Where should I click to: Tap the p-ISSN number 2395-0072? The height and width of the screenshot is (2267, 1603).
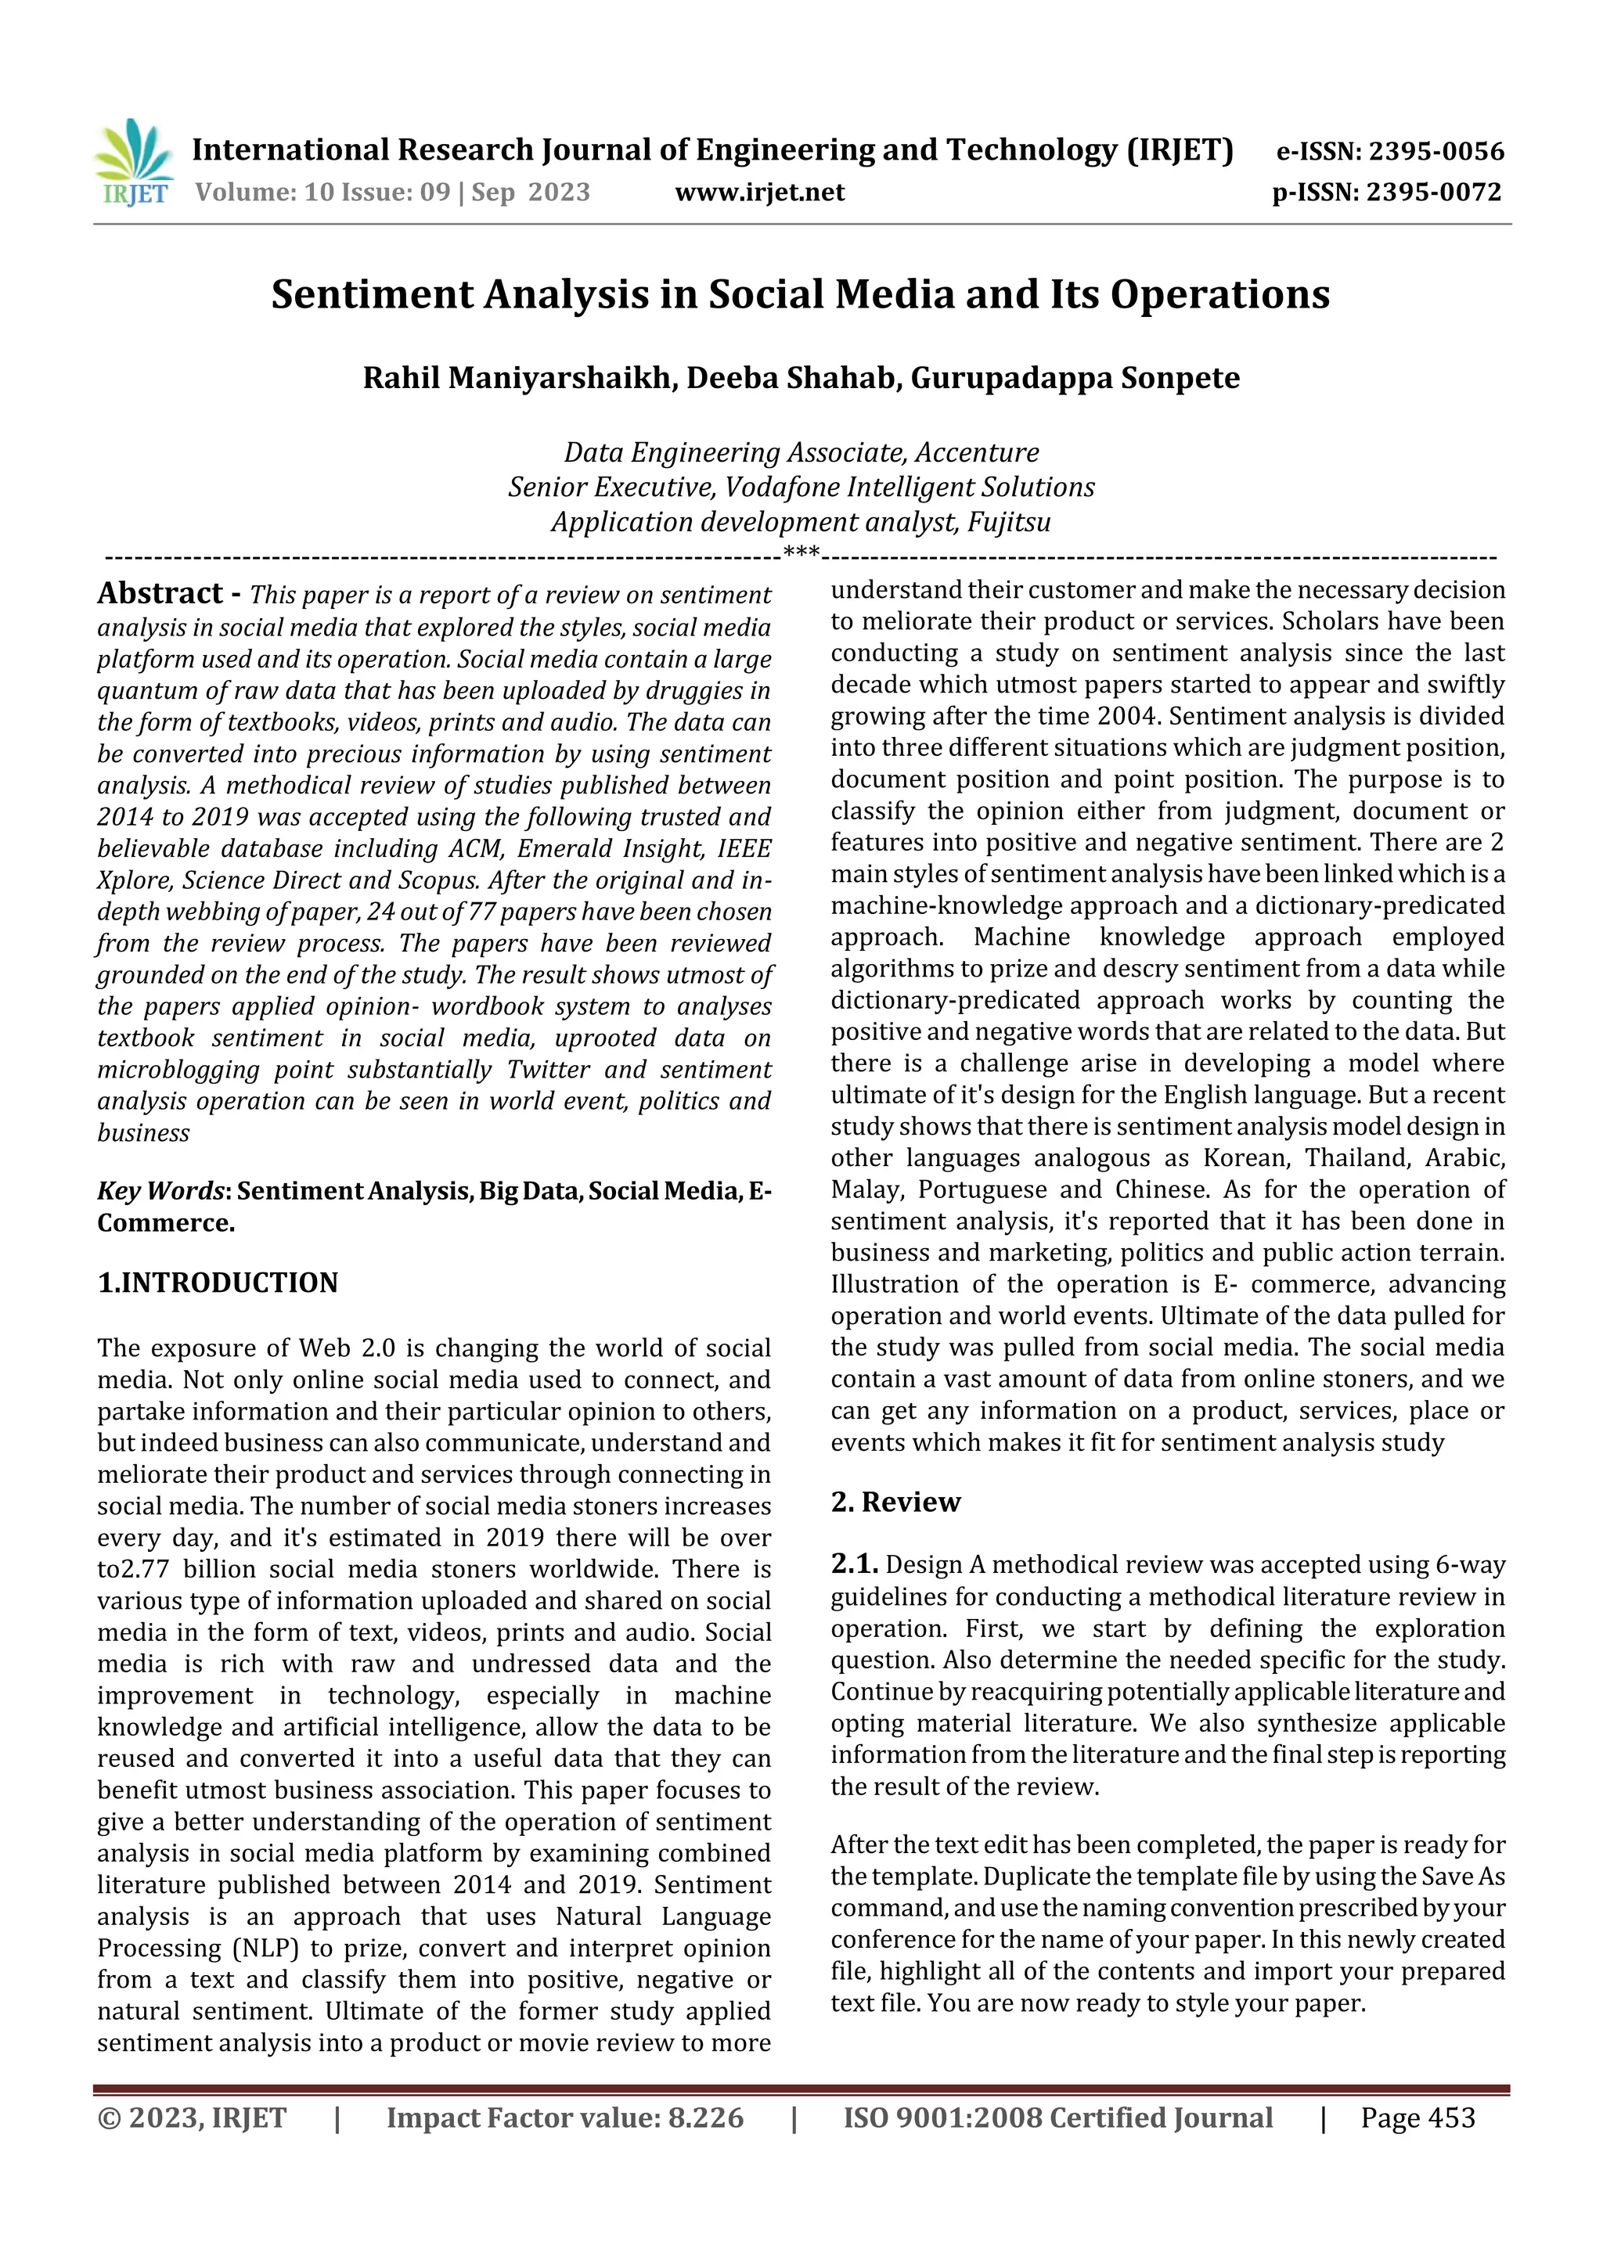(x=1433, y=193)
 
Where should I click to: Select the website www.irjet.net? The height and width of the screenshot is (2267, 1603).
(x=759, y=193)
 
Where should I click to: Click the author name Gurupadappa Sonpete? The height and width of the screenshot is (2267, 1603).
(x=1075, y=378)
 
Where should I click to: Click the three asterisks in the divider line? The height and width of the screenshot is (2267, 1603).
(x=801, y=554)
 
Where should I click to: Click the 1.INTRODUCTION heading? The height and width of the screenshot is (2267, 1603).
(x=218, y=1283)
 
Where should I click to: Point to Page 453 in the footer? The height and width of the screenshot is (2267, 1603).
(x=1417, y=2118)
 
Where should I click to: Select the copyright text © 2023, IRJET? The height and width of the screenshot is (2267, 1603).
(x=192, y=2118)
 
